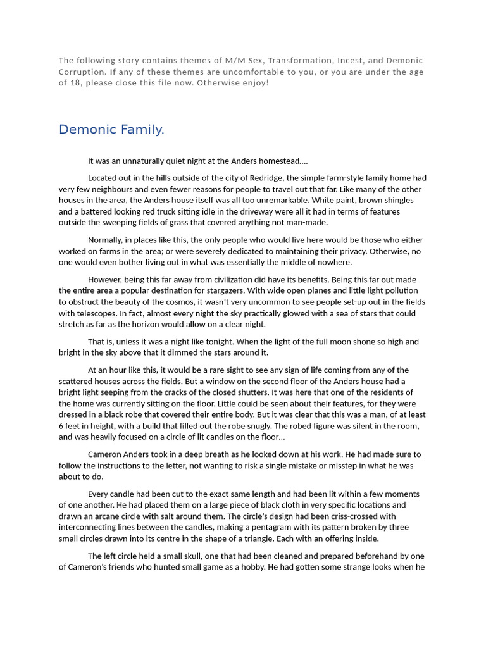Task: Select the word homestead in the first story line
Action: (x=282, y=161)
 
